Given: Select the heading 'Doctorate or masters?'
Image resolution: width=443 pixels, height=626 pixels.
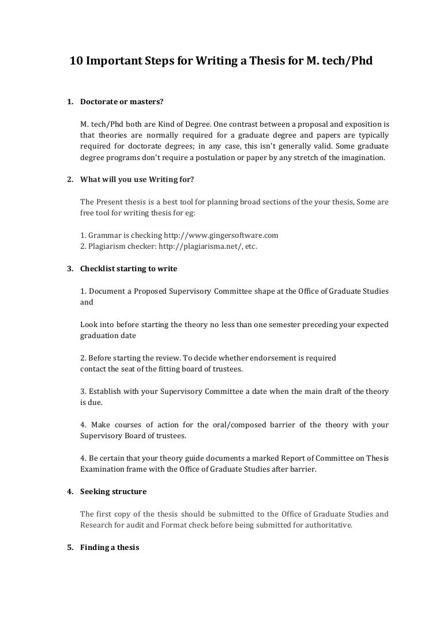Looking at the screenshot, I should tap(122, 102).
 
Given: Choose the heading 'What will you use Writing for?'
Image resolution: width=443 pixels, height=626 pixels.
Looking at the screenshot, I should tap(137, 179).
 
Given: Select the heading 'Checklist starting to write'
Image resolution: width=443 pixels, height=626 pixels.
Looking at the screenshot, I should tap(129, 268).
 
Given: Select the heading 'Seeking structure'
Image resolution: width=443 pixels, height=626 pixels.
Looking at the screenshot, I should tap(113, 491).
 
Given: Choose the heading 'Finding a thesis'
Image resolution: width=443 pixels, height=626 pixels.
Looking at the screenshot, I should tap(110, 547).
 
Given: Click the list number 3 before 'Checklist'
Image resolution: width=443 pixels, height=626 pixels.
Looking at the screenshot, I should tap(69, 268).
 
